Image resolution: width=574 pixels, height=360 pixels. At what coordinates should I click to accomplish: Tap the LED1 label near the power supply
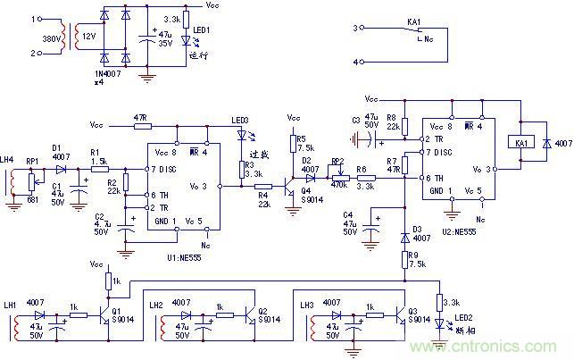click(202, 29)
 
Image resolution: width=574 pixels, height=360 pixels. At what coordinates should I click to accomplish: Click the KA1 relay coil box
click(520, 143)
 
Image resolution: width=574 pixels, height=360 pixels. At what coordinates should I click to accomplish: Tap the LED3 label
click(240, 121)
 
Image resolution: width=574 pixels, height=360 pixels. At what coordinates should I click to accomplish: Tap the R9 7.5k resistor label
click(416, 259)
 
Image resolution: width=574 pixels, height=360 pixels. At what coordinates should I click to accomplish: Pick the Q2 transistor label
click(262, 311)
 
